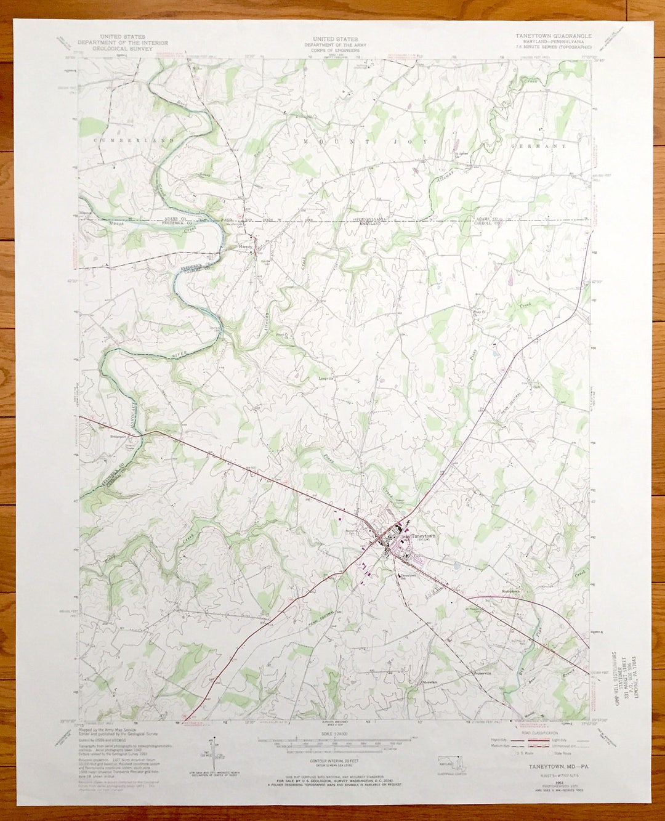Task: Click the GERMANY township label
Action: click(x=538, y=147)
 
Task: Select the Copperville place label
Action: click(x=481, y=673)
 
